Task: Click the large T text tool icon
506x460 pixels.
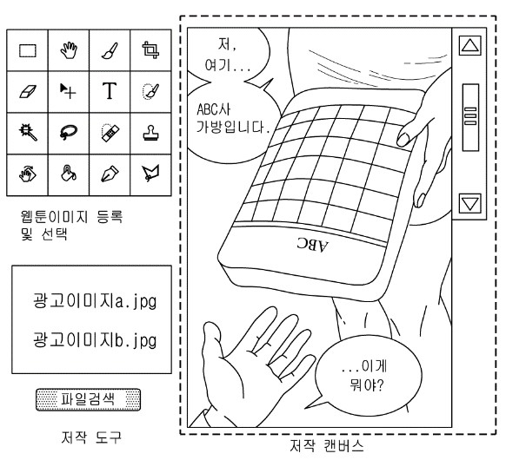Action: (110, 91)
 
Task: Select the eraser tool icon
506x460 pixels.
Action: (28, 91)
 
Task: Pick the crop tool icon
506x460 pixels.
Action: (150, 49)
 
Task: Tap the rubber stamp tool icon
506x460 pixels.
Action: (150, 133)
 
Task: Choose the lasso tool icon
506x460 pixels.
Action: (69, 132)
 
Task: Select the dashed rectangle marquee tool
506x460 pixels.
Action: (28, 50)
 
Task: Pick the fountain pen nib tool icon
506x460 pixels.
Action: (110, 174)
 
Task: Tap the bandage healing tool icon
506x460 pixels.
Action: (110, 133)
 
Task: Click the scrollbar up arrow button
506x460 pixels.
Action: (469, 45)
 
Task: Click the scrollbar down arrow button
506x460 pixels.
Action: (469, 203)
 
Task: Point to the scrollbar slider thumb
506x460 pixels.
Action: (470, 117)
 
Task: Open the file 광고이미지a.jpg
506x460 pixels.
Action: (95, 301)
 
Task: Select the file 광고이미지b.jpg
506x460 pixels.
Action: (95, 340)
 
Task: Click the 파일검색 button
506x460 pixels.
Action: (88, 399)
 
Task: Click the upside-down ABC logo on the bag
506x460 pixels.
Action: (312, 245)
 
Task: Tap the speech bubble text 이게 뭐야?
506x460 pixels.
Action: (365, 376)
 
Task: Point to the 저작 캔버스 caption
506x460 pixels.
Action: (327, 446)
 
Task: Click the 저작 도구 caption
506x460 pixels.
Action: (91, 437)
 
